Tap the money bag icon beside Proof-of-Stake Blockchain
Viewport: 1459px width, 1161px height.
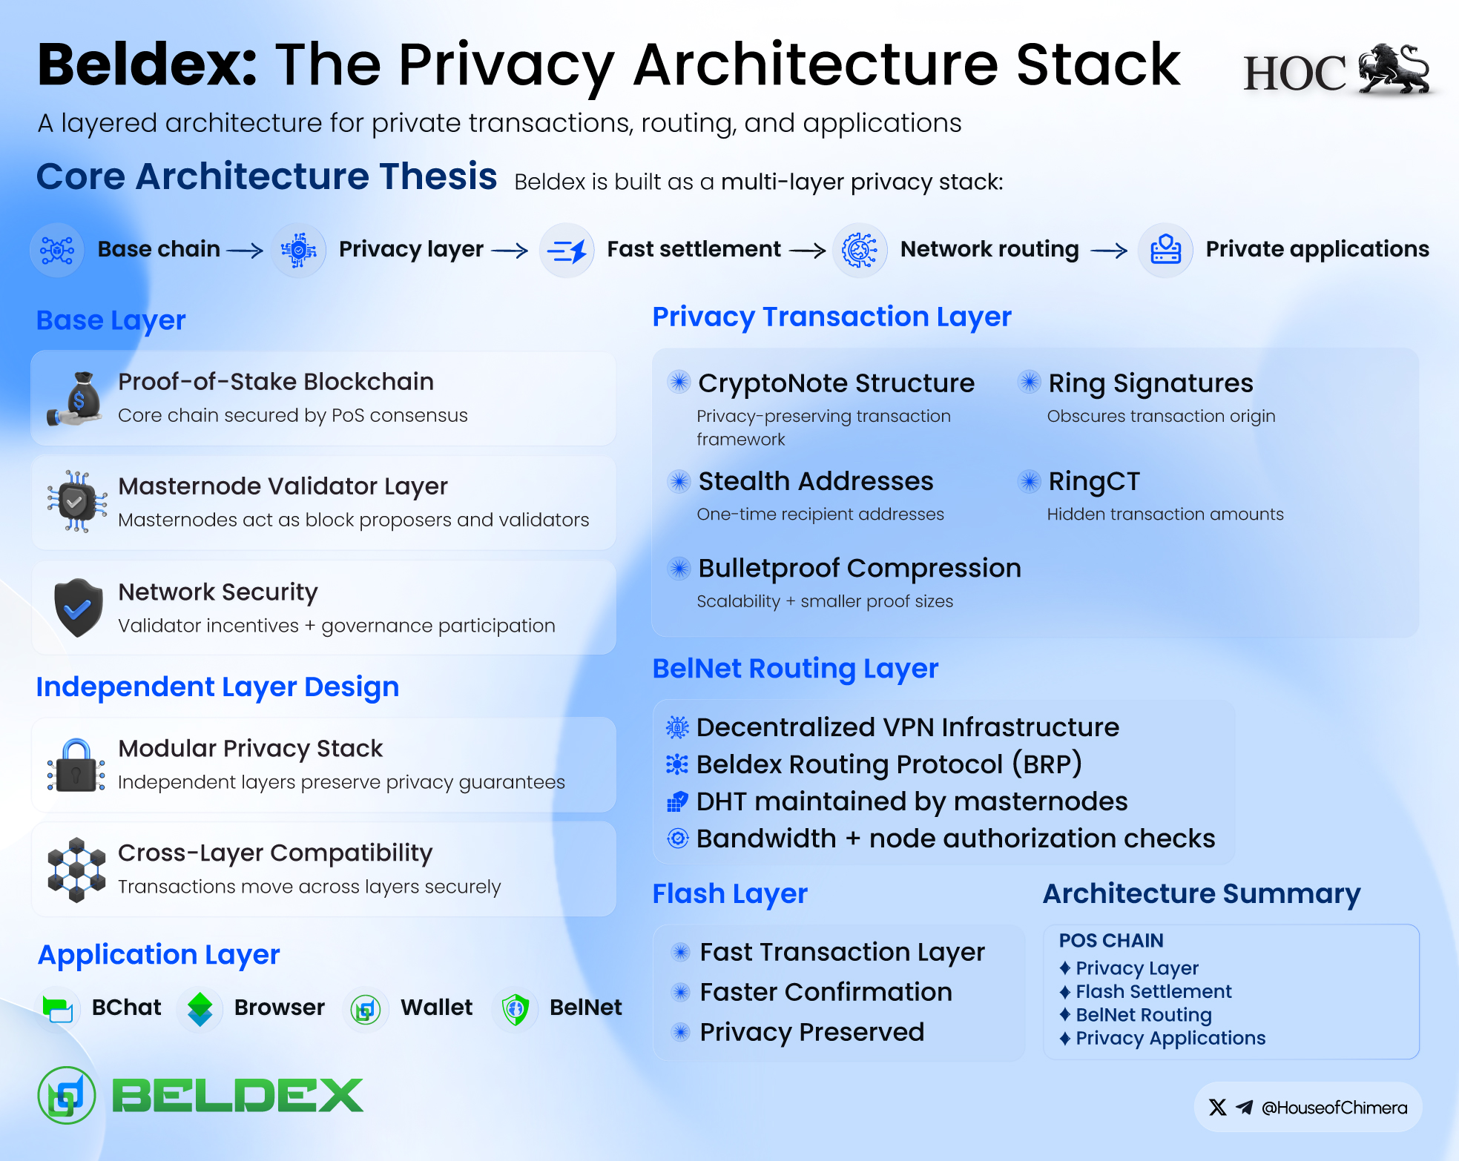(x=75, y=399)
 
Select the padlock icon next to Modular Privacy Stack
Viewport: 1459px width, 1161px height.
(x=76, y=765)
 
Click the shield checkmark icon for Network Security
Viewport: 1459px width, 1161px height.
(x=78, y=608)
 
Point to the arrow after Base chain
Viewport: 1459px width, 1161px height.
(x=245, y=251)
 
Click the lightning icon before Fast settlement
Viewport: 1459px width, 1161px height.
(x=567, y=251)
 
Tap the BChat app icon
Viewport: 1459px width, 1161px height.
(x=58, y=1009)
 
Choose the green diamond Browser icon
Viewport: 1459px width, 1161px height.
(x=200, y=1009)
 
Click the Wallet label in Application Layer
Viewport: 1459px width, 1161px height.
(x=436, y=1008)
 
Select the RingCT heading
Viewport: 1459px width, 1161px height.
(x=1094, y=482)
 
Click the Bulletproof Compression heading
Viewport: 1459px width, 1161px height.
(x=860, y=569)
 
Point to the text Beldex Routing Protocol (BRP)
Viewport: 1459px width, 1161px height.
(x=889, y=764)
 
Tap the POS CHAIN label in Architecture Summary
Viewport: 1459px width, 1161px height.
(x=1111, y=941)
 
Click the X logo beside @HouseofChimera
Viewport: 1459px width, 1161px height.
(x=1217, y=1107)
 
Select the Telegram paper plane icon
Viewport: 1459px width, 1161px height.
(x=1245, y=1107)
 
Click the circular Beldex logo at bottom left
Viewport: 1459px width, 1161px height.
(x=67, y=1096)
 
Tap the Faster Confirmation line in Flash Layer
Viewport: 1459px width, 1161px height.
(x=826, y=992)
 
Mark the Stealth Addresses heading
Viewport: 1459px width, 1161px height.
(x=816, y=482)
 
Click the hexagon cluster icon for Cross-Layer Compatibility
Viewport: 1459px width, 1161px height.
(x=76, y=870)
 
